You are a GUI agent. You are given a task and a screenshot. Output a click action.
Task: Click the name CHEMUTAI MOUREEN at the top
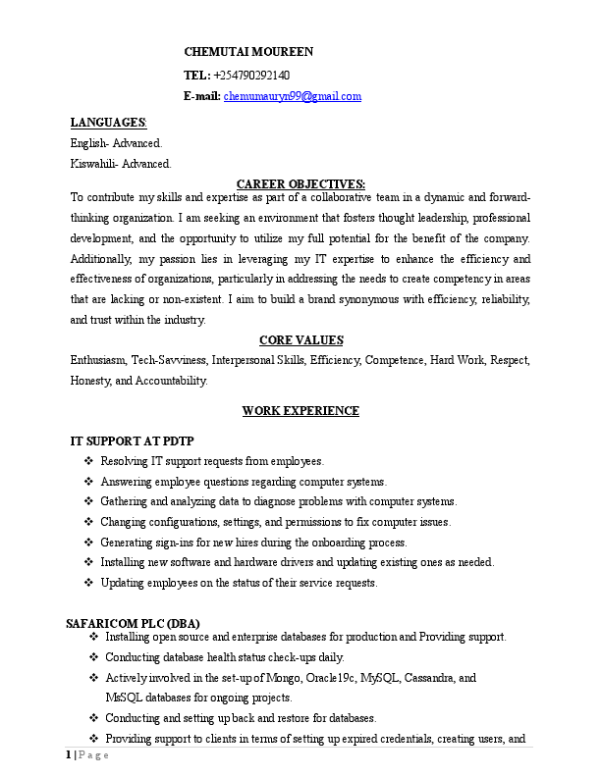249,52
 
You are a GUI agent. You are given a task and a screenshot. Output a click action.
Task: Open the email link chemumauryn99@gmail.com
293,96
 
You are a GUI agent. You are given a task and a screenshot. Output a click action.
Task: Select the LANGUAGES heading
108,123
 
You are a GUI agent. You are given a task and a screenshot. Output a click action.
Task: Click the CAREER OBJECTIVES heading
300,183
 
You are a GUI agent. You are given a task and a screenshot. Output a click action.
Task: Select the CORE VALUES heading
300,340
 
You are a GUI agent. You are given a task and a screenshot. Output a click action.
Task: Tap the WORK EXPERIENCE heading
300,411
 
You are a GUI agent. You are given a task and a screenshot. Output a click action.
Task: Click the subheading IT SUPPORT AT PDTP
132,441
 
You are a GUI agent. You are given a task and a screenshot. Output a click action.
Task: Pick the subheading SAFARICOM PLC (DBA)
133,623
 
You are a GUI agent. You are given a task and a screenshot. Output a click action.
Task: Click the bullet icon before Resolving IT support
89,461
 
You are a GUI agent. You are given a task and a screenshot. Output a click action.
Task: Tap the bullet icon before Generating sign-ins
89,543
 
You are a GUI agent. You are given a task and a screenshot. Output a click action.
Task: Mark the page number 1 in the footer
69,755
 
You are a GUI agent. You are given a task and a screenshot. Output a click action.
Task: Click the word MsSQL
123,698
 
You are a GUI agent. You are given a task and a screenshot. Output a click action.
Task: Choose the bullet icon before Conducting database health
93,657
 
